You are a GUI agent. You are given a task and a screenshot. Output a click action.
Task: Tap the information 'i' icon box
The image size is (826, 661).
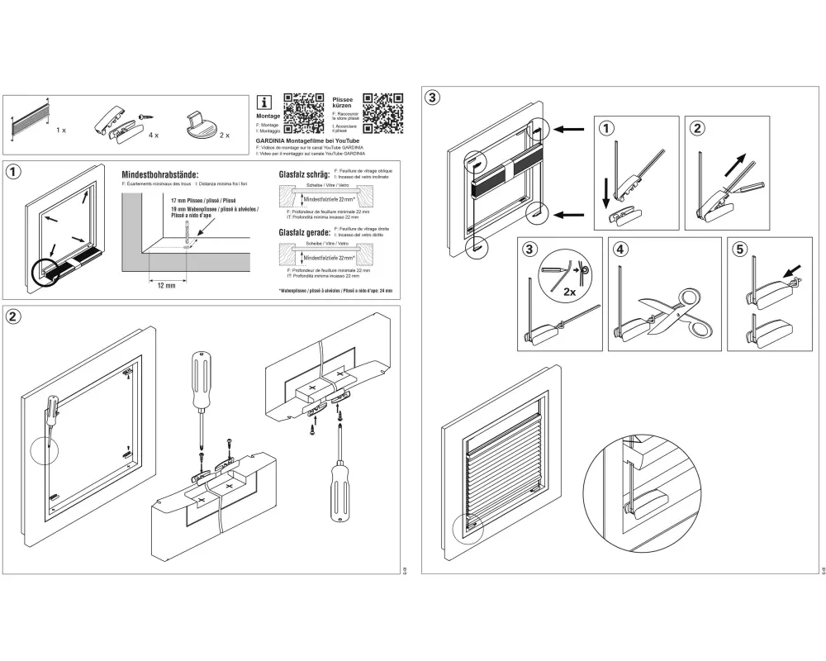(265, 102)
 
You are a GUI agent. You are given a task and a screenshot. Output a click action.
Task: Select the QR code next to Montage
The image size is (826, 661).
(304, 114)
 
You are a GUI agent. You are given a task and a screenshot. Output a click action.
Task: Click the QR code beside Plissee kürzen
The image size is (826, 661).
(383, 113)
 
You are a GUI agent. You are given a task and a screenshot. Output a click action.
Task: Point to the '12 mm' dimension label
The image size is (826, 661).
(167, 285)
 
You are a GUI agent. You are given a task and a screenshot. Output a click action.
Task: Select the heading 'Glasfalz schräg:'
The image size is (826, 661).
(304, 175)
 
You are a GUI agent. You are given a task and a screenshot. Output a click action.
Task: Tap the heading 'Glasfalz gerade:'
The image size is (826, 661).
(304, 233)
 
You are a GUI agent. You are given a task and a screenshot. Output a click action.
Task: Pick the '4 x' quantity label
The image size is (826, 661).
(153, 132)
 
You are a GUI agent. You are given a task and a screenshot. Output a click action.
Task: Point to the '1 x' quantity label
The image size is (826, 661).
(61, 131)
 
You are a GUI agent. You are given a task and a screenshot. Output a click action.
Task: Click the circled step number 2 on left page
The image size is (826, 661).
(14, 316)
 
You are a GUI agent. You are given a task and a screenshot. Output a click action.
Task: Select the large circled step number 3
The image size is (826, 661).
(432, 97)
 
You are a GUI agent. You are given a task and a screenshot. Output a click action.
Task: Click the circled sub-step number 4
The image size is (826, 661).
(617, 248)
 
